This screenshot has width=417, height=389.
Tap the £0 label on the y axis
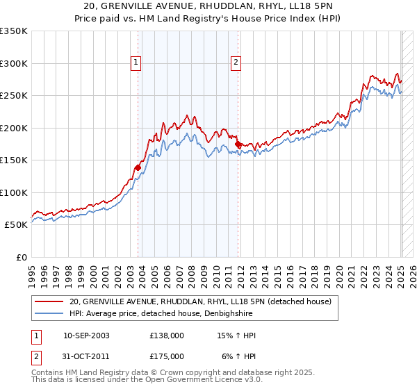[x=21, y=257]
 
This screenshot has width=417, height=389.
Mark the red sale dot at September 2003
[x=138, y=167]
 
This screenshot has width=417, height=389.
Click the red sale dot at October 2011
[x=238, y=144]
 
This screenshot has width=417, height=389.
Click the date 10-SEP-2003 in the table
[x=86, y=336]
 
